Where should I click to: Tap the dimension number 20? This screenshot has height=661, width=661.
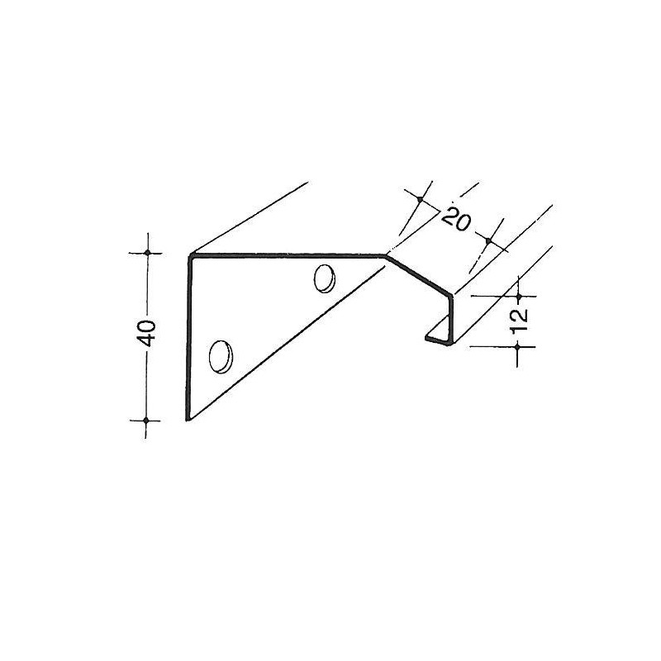coord(456,220)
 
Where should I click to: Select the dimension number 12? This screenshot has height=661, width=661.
coord(519,319)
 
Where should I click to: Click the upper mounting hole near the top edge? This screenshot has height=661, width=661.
coord(325,278)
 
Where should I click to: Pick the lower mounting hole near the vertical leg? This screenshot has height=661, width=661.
coord(221,355)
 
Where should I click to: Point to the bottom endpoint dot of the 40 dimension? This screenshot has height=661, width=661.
coord(146,420)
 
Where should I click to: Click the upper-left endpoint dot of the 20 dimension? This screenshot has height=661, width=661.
coord(420,200)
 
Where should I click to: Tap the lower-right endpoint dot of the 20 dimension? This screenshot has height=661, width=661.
coord(488,241)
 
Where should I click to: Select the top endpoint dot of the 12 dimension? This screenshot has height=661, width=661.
coord(518,294)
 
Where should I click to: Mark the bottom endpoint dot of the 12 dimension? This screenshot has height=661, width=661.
coord(518,347)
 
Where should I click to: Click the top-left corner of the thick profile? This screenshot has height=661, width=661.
coord(190,256)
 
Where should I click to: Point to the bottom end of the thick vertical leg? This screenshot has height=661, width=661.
coord(188,419)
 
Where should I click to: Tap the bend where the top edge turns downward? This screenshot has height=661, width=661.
coord(385,256)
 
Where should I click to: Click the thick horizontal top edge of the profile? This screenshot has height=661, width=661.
coord(289,256)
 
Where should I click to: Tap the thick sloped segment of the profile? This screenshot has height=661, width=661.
coord(419,275)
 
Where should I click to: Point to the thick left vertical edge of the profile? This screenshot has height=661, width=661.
coord(189,339)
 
